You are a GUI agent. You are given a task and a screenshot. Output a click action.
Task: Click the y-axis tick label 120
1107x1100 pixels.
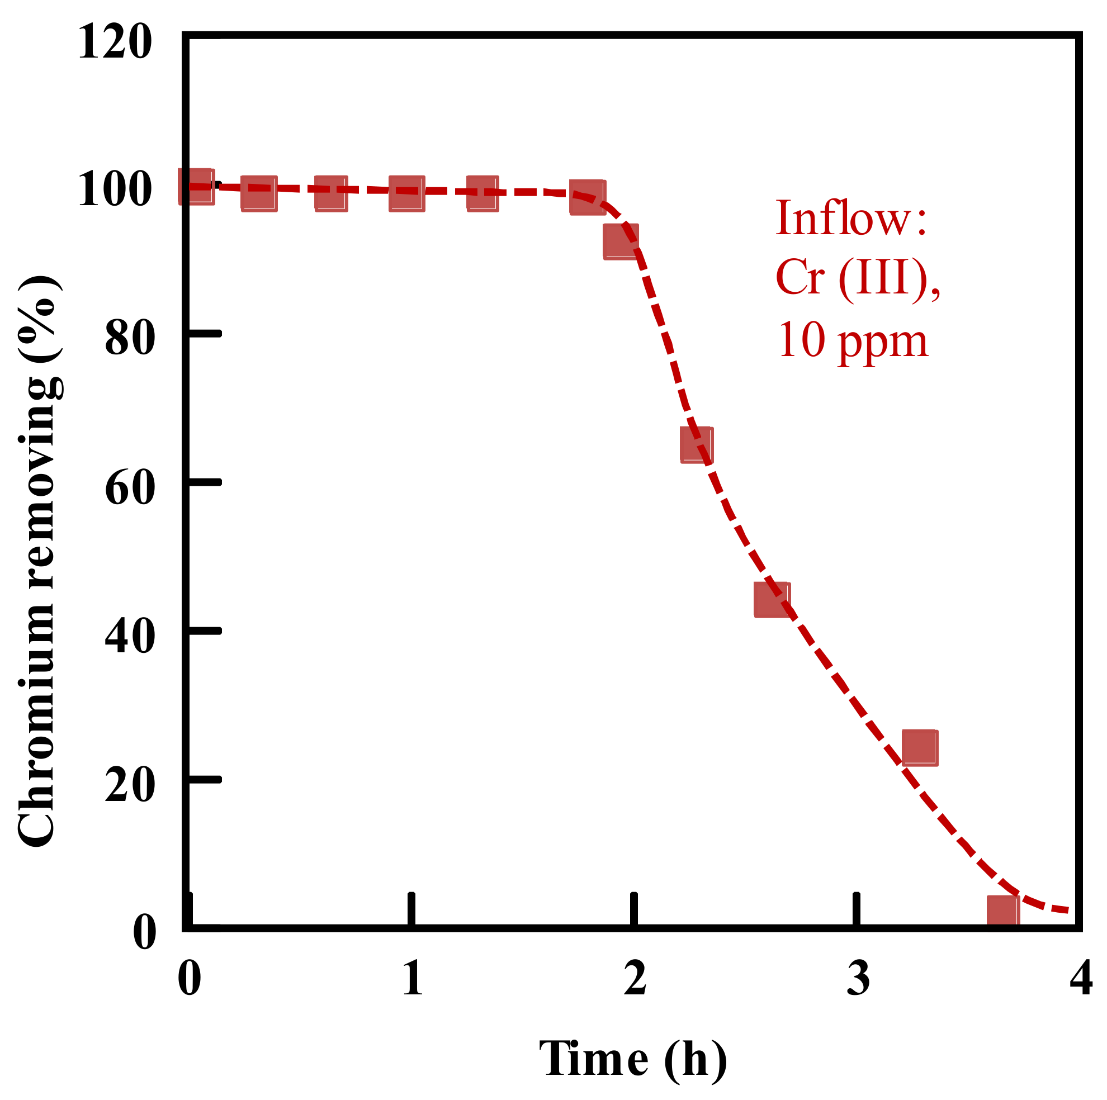click(x=115, y=42)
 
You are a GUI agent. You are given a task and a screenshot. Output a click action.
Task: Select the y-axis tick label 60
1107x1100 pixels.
click(x=130, y=487)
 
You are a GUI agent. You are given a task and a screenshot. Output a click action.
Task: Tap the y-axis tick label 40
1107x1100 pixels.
click(x=130, y=636)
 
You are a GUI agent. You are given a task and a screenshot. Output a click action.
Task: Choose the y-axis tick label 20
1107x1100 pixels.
click(x=130, y=785)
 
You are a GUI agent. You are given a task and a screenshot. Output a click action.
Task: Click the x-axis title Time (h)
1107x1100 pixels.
click(x=633, y=1059)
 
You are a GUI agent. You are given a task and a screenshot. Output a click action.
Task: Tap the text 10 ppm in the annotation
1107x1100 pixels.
click(x=853, y=342)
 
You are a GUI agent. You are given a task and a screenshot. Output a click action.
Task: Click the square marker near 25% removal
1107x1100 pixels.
click(x=920, y=748)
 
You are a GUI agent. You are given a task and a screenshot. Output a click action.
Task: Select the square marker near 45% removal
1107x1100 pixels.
click(x=772, y=600)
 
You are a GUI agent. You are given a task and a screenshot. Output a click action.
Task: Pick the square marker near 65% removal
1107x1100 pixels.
click(x=697, y=445)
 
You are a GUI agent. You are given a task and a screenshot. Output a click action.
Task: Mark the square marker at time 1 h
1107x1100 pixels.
click(x=407, y=193)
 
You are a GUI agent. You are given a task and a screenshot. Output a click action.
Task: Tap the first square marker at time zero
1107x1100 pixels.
click(x=197, y=186)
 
